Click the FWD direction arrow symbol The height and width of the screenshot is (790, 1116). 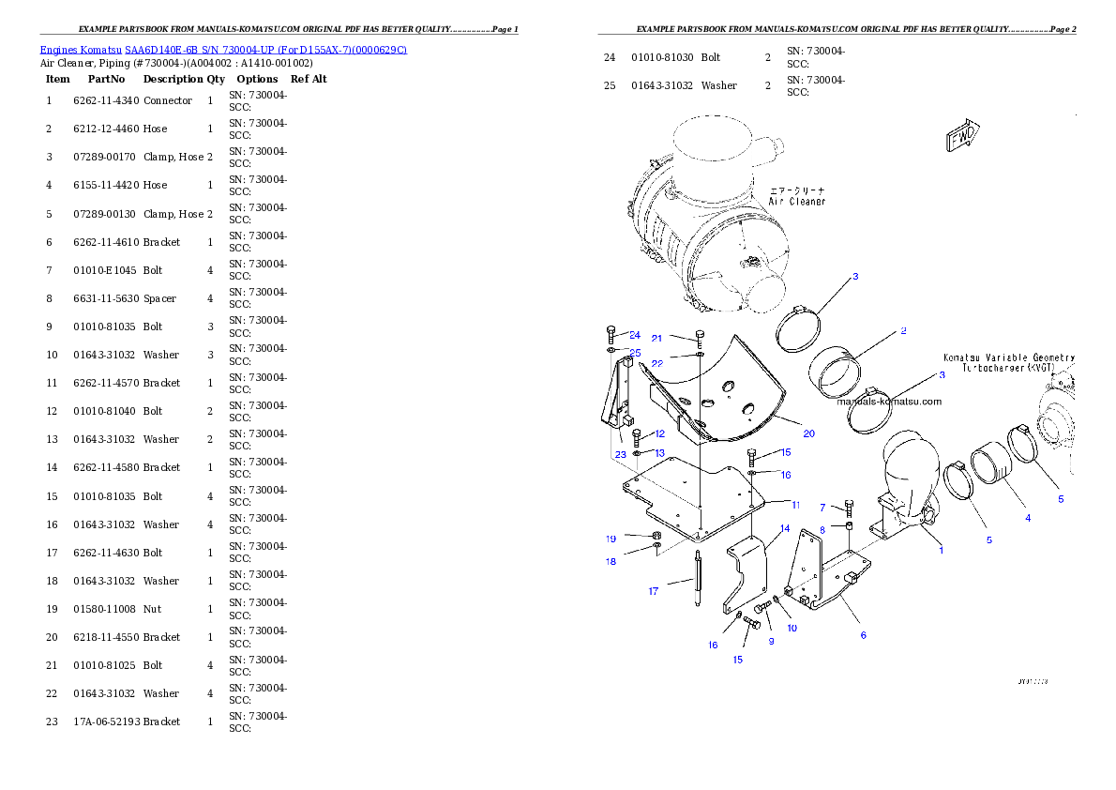tap(961, 135)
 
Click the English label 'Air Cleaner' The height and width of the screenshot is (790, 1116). tap(797, 202)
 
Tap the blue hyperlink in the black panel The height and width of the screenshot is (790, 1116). tap(223, 49)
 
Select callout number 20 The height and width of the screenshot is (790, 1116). tap(808, 433)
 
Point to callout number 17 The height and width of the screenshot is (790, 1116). tap(654, 591)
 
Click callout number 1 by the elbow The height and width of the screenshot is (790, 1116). tap(942, 550)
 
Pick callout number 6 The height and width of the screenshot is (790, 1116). tap(863, 635)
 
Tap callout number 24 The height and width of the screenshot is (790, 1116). tap(635, 335)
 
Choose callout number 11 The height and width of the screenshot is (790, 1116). tap(795, 505)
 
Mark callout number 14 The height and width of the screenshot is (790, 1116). tap(785, 529)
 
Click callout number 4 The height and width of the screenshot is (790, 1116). tap(1027, 518)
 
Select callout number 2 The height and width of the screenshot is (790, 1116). tap(902, 330)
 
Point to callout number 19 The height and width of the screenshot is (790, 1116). tap(611, 539)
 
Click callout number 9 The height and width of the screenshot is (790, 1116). tap(771, 641)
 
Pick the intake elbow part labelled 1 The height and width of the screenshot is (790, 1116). tap(905, 479)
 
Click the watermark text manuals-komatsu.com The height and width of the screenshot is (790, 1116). tap(889, 402)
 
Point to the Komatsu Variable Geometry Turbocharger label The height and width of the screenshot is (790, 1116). tap(1009, 363)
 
